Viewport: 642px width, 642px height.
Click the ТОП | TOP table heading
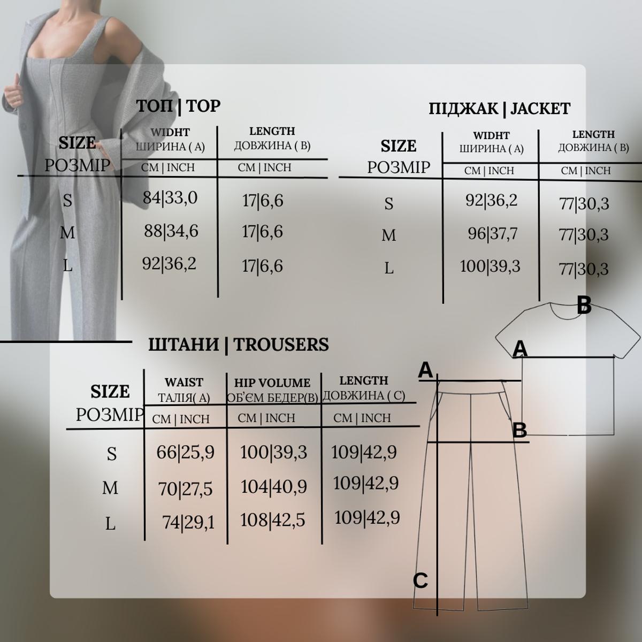coord(178,106)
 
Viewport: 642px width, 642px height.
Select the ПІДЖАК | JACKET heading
coord(499,109)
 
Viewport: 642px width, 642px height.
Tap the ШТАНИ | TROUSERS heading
coord(239,345)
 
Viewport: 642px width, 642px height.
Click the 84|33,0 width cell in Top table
coord(170,198)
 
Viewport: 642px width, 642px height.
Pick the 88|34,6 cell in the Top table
coord(171,231)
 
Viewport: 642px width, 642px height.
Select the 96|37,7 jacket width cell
coord(493,234)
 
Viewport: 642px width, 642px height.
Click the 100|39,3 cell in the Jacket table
coord(490,266)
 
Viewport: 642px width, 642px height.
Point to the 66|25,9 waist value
coord(185,453)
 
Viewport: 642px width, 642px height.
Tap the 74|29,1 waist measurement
coord(188,522)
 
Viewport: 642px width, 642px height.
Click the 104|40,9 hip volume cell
coord(273,487)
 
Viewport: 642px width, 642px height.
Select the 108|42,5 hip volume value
coord(272,520)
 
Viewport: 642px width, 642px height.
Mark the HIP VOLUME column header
coord(272,383)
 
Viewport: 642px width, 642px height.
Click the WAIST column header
coord(184,383)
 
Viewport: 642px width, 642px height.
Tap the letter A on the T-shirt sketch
coord(519,349)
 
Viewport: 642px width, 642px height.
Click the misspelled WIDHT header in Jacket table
coord(491,135)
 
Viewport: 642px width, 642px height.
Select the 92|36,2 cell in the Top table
coord(169,264)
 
